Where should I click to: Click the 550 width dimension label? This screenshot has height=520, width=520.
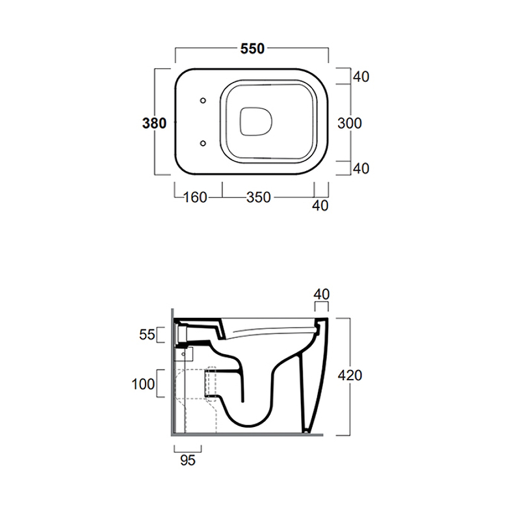[252, 49]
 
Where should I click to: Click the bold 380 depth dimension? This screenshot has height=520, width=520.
[154, 123]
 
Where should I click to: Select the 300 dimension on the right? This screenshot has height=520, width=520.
[350, 123]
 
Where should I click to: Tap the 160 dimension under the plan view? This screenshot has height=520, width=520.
[195, 198]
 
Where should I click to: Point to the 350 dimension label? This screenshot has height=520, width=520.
[259, 198]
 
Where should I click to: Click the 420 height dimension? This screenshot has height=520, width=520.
[350, 376]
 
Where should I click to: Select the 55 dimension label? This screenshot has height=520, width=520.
[148, 335]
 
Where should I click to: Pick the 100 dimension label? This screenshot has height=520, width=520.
[143, 384]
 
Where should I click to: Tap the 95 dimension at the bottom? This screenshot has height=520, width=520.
[188, 460]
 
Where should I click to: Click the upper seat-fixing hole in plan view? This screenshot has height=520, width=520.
[203, 101]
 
